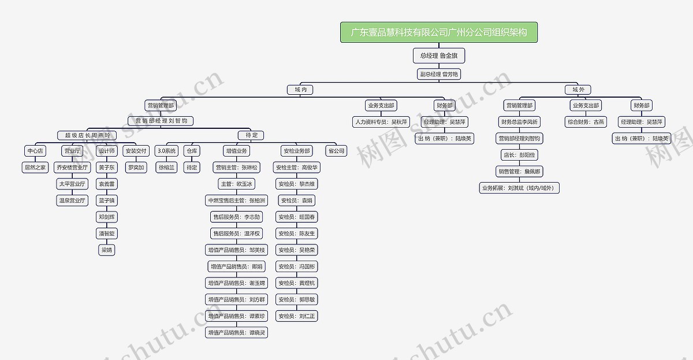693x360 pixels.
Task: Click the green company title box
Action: [x=439, y=32]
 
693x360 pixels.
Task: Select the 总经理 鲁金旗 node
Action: [x=439, y=55]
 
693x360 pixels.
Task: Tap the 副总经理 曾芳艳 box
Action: [x=439, y=74]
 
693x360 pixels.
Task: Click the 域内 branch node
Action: [x=300, y=90]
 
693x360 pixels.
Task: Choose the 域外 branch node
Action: [x=578, y=90]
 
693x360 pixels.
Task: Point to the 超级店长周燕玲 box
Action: [x=87, y=135]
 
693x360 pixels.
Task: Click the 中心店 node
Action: [x=35, y=151]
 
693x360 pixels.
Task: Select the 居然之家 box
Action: [x=35, y=167]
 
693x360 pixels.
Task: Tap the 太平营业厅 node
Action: [x=72, y=184]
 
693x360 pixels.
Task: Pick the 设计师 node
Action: [x=107, y=151]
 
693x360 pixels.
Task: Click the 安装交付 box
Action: [x=136, y=151]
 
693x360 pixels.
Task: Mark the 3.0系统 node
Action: [x=167, y=151]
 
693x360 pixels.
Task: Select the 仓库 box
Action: [x=192, y=151]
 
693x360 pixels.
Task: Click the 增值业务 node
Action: [x=236, y=151]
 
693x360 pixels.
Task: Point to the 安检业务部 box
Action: [x=297, y=151]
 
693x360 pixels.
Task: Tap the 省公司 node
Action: [x=336, y=151]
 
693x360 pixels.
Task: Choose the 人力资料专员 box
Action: [x=382, y=122]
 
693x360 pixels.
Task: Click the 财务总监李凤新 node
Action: [x=519, y=122]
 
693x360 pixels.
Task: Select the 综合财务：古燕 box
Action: [x=586, y=122]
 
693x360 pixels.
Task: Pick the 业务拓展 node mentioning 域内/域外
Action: [x=519, y=188]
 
